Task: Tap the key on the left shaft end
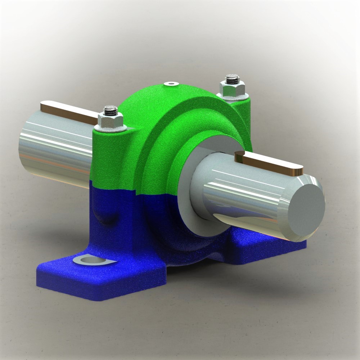tap(68, 110)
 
